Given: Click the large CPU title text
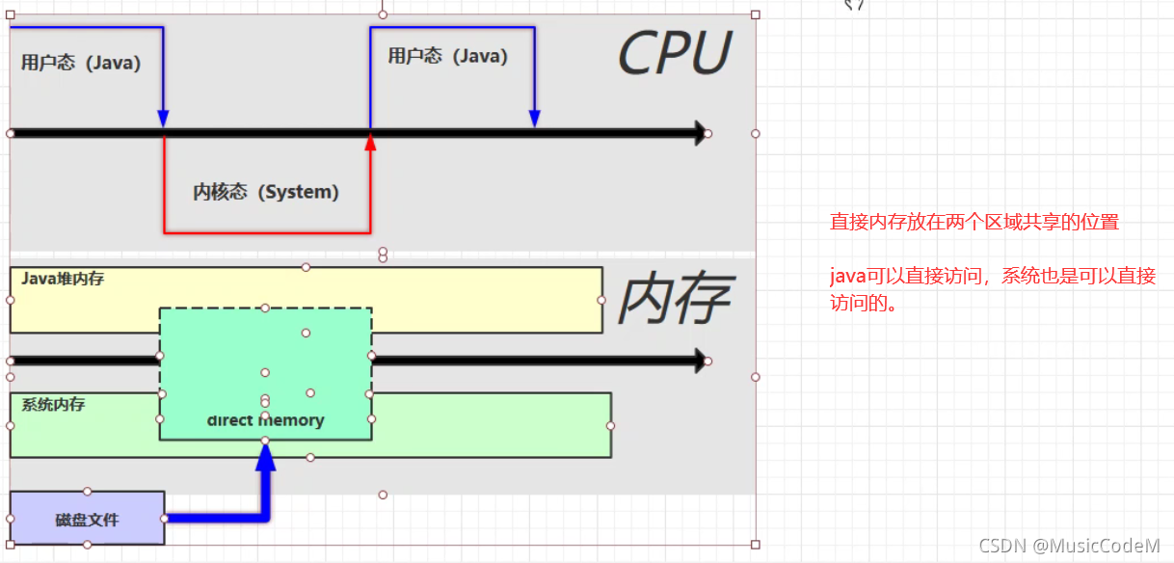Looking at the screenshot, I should [674, 53].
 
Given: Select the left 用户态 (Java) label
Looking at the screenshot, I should [81, 64].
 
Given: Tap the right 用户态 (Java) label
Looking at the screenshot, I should [447, 56].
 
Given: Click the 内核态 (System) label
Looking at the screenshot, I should [266, 192].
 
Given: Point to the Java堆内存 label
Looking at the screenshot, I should [63, 279].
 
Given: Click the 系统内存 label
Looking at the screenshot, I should [53, 405].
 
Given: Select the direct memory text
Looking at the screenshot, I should [265, 420].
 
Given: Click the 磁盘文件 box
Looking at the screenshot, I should [87, 519].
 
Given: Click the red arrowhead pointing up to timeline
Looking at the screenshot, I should [370, 143].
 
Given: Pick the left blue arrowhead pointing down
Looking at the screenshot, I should [163, 118].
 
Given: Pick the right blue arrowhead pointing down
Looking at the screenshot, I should [534, 118].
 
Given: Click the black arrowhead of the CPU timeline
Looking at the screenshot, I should [699, 133].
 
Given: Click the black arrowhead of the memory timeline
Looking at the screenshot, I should [699, 361].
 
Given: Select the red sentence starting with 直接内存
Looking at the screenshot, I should [974, 222].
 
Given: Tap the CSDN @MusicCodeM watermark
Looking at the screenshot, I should [1069, 546].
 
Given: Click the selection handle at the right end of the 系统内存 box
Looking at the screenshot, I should [611, 425].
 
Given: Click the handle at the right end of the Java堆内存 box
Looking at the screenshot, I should [601, 300].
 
